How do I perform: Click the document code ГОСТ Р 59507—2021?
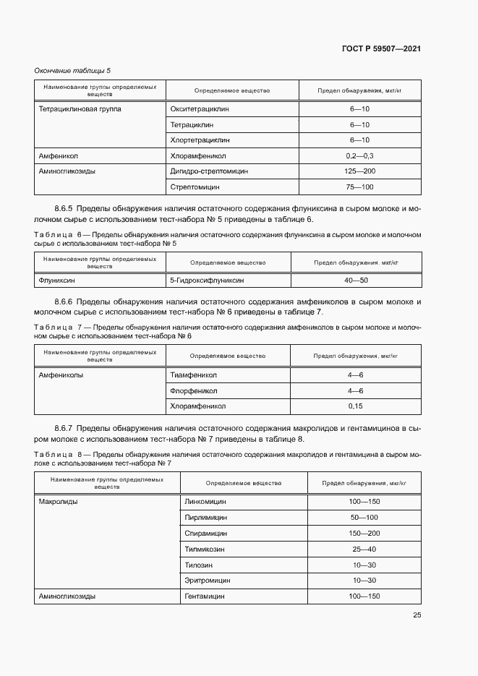pyautogui.click(x=381, y=48)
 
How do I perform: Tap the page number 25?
pyautogui.click(x=417, y=615)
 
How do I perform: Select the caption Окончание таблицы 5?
pyautogui.click(x=72, y=70)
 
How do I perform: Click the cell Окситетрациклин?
pyautogui.click(x=199, y=108)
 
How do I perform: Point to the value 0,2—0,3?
pyautogui.click(x=359, y=155)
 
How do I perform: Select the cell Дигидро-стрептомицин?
pyautogui.click(x=209, y=171)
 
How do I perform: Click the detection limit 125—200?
pyautogui.click(x=359, y=171)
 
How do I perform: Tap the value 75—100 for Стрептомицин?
pyautogui.click(x=359, y=187)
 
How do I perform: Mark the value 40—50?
pyautogui.click(x=355, y=281)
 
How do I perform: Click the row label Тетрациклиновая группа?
pyautogui.click(x=80, y=108)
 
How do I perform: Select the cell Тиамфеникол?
pyautogui.click(x=193, y=375)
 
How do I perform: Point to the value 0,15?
pyautogui.click(x=355, y=406)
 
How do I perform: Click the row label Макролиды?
pyautogui.click(x=58, y=500)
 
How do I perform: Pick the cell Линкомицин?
pyautogui.click(x=206, y=500)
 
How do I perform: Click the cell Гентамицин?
pyautogui.click(x=205, y=596)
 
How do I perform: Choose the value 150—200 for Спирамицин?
pyautogui.click(x=364, y=532)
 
